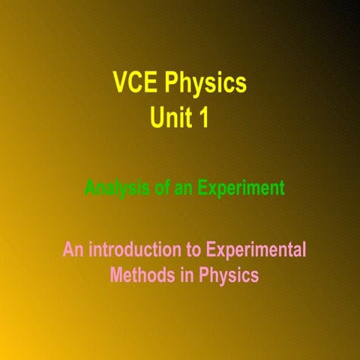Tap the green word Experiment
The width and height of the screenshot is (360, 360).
241,188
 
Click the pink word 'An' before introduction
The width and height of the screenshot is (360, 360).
73,248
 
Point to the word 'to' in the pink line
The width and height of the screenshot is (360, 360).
193,248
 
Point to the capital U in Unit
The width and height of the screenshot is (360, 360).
157,118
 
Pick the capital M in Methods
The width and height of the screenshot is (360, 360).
118,275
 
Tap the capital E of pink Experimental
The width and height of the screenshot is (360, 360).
212,248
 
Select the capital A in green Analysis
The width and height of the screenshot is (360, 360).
90,187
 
